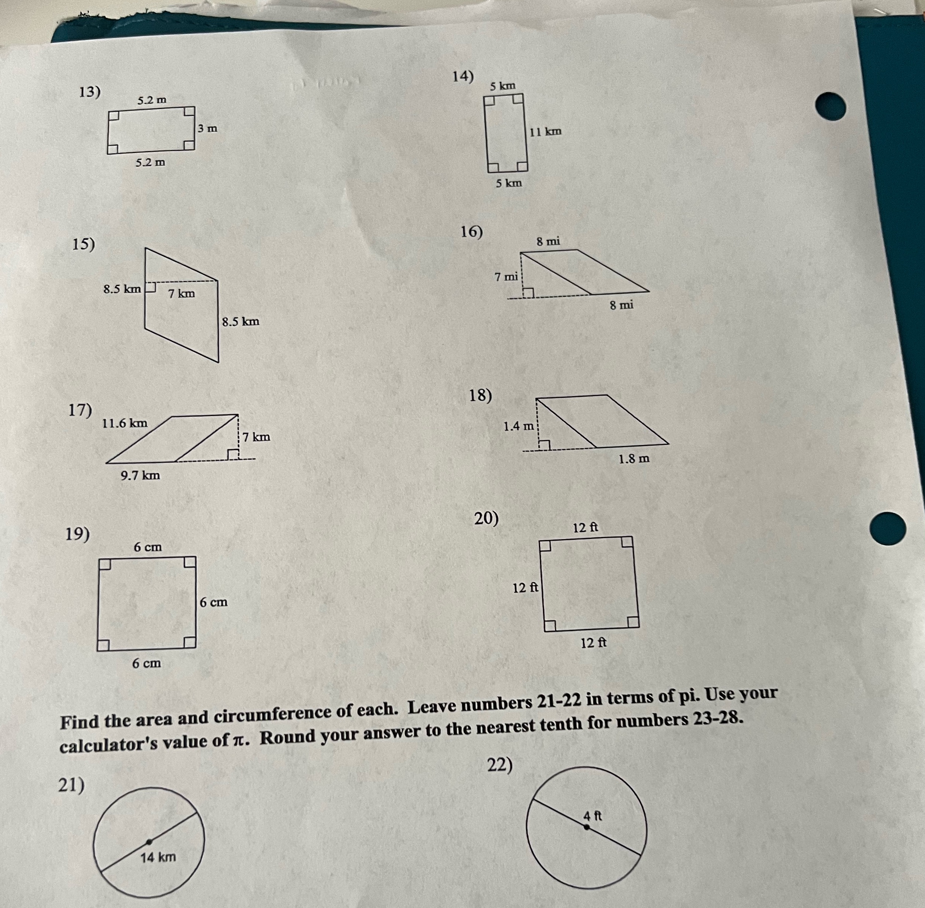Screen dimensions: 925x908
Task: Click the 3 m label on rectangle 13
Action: tap(208, 128)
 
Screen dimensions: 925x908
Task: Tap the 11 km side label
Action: tap(546, 131)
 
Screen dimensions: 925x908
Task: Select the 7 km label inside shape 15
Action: tap(182, 294)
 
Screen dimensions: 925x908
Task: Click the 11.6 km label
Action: tap(125, 423)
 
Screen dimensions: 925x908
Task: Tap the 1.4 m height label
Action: tap(519, 426)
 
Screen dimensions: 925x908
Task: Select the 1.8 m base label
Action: tap(634, 459)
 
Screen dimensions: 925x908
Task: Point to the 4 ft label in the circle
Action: tap(593, 816)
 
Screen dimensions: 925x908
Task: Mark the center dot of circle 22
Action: tap(586, 828)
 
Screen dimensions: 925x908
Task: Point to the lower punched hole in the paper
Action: tap(888, 528)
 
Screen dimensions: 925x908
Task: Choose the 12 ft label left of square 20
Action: tap(525, 588)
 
